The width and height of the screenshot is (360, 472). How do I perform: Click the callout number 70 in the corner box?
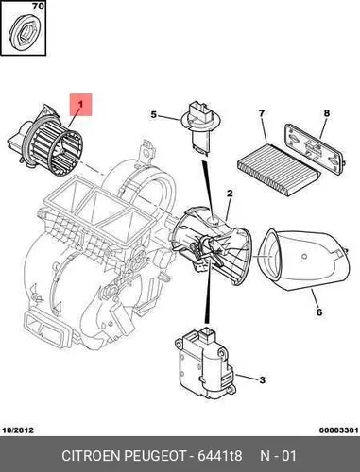tap(38, 6)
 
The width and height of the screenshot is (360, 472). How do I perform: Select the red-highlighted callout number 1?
tap(80, 105)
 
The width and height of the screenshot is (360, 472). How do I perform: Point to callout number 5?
tap(153, 114)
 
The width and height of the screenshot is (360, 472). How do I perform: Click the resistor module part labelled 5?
tap(197, 127)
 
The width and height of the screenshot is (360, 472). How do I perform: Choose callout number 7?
tap(262, 114)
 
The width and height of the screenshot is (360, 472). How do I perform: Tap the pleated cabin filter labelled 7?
tap(279, 169)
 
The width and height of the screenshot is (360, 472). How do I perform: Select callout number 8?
tap(327, 113)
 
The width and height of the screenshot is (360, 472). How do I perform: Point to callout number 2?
tap(230, 194)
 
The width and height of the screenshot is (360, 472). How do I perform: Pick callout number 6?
tap(319, 312)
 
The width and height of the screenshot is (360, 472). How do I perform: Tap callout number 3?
tap(262, 380)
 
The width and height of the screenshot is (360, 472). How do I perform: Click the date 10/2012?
tap(18, 430)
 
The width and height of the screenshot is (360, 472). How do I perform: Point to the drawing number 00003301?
tap(338, 430)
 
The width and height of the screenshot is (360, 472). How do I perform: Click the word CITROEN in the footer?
tap(91, 456)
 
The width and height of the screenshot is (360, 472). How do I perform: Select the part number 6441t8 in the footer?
tap(219, 456)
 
